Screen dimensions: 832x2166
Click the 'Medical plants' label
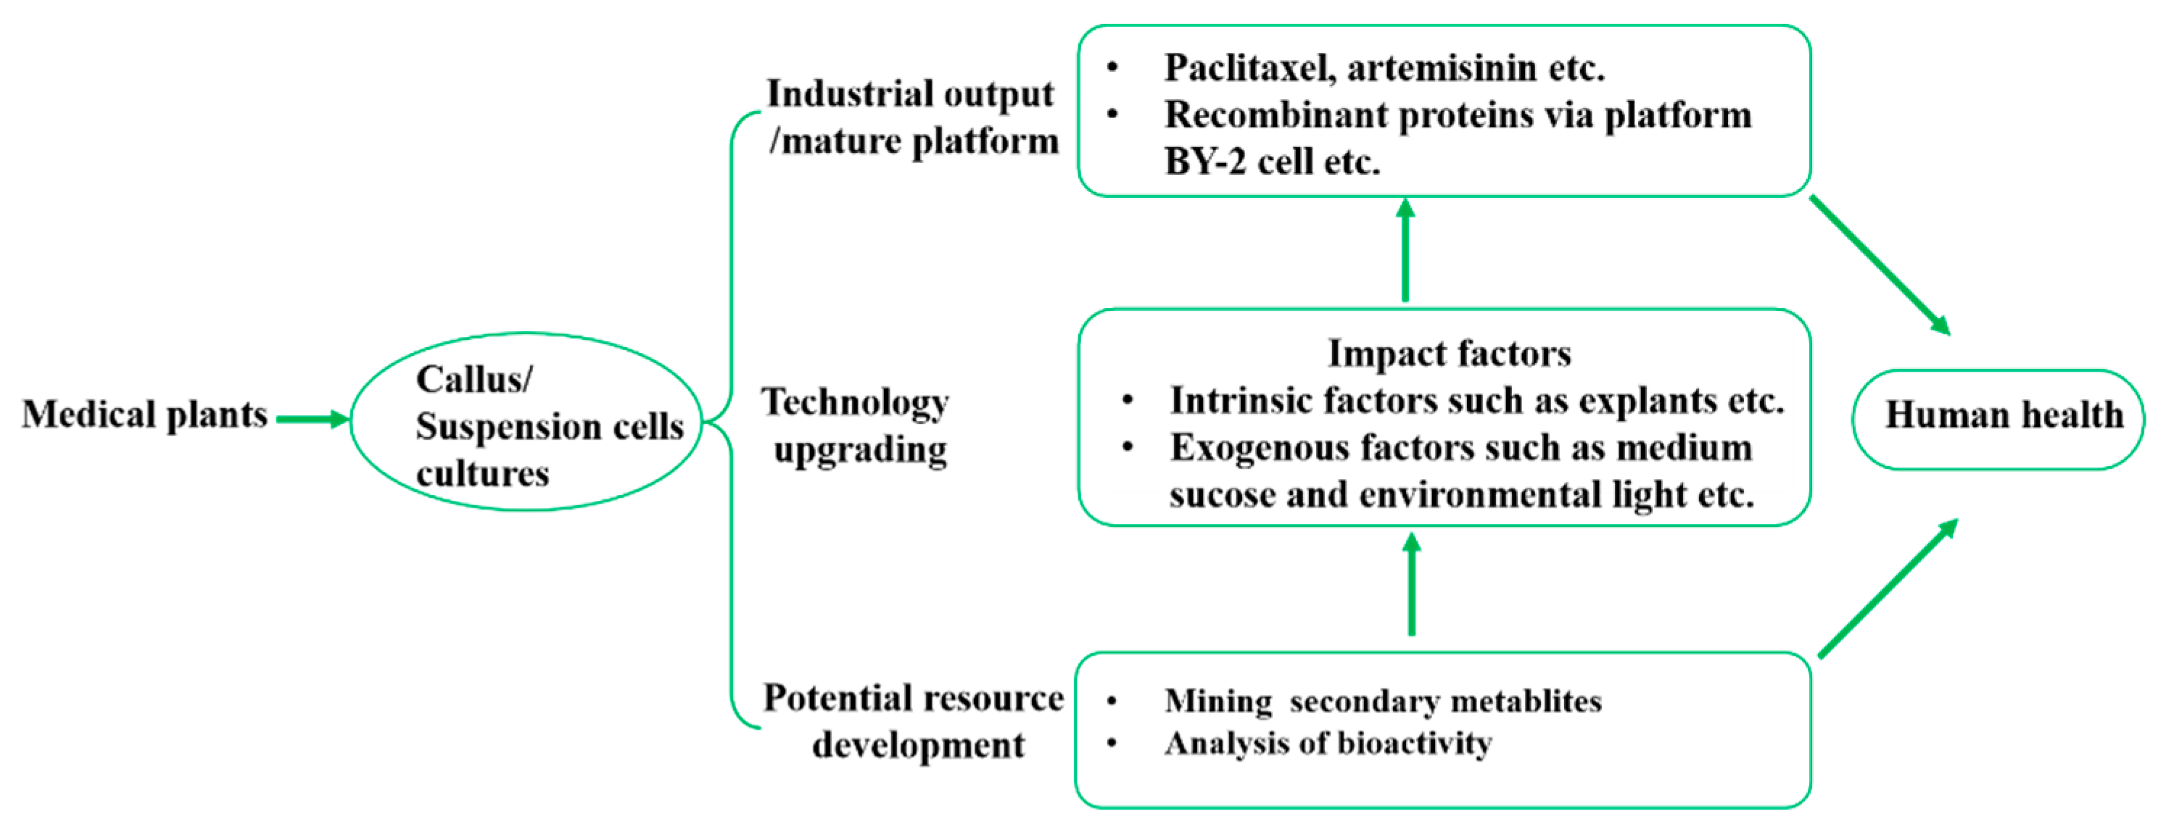pyautogui.click(x=144, y=415)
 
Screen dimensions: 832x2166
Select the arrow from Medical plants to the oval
pyautogui.click(x=312, y=418)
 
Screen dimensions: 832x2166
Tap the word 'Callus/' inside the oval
pyautogui.click(x=474, y=380)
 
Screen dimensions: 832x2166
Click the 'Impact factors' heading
pyautogui.click(x=1449, y=354)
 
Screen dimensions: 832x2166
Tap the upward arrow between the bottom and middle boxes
pyautogui.click(x=1412, y=586)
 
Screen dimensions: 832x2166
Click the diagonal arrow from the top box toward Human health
pyautogui.click(x=1880, y=265)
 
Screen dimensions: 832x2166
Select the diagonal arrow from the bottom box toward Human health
pyautogui.click(x=1888, y=588)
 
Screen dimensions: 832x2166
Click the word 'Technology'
pyautogui.click(x=855, y=402)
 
